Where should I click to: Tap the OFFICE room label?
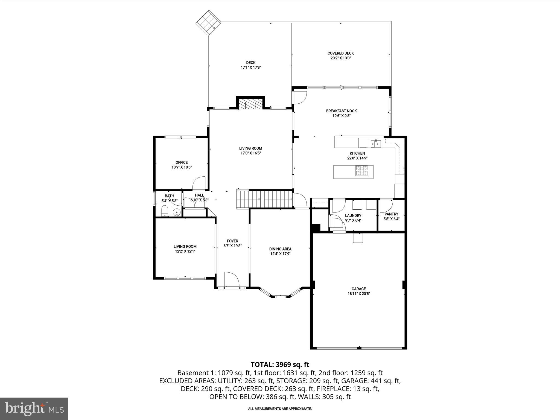click(x=182, y=162)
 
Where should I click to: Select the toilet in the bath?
click(x=165, y=211)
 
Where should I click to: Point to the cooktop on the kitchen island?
click(x=361, y=171)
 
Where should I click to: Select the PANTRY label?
click(x=391, y=214)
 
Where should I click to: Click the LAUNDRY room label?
click(x=353, y=215)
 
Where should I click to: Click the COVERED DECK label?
click(x=340, y=53)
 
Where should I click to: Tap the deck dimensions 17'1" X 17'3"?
click(x=251, y=68)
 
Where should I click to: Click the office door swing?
click(x=199, y=183)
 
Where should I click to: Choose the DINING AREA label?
click(x=280, y=249)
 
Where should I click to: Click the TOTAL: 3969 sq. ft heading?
click(x=280, y=364)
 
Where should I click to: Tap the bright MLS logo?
click(x=34, y=409)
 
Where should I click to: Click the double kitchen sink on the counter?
click(x=376, y=143)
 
